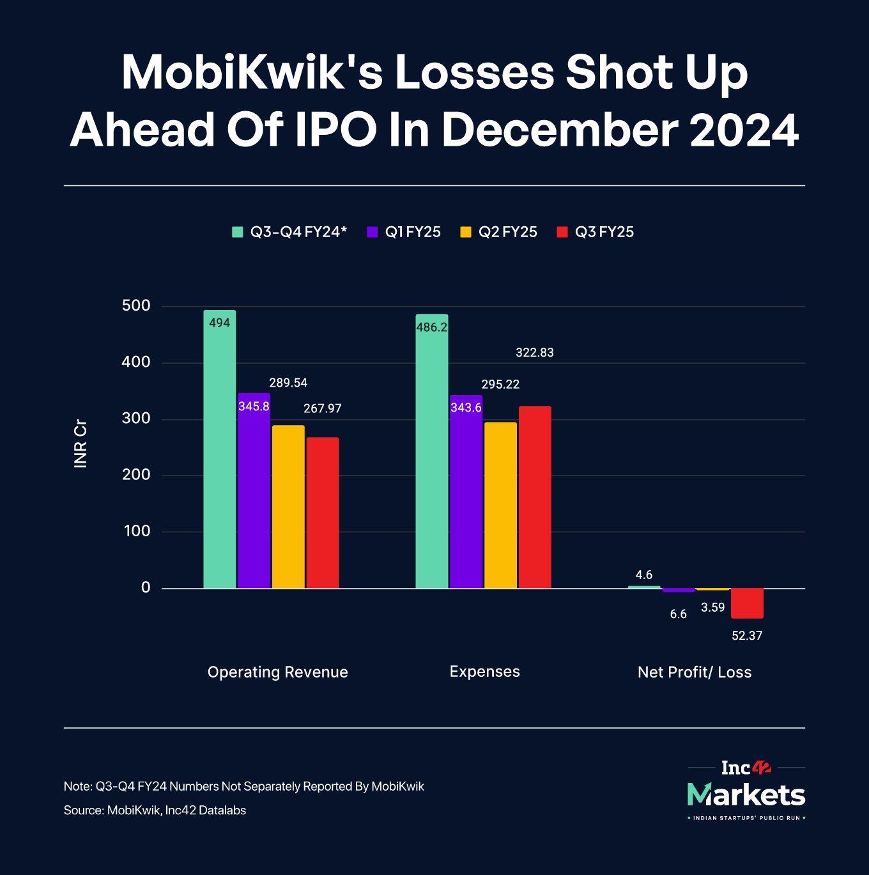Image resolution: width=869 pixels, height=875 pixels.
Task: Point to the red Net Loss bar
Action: click(x=747, y=603)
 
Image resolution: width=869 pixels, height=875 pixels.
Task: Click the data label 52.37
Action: click(x=747, y=636)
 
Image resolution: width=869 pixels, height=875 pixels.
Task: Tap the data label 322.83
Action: click(x=535, y=353)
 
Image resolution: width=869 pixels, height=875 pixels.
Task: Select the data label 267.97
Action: click(x=323, y=408)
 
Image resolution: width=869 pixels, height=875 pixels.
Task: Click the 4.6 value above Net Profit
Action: click(x=644, y=575)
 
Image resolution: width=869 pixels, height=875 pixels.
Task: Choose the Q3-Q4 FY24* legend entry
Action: click(x=289, y=232)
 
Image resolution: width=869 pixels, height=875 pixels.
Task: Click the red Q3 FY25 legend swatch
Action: click(x=562, y=232)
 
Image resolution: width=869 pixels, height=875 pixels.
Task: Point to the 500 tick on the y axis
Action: click(x=136, y=306)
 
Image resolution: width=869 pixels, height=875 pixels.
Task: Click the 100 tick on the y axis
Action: click(x=137, y=531)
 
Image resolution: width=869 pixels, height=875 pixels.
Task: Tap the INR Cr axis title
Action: click(x=81, y=444)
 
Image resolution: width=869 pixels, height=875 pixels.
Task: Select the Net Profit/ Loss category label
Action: click(x=695, y=672)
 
